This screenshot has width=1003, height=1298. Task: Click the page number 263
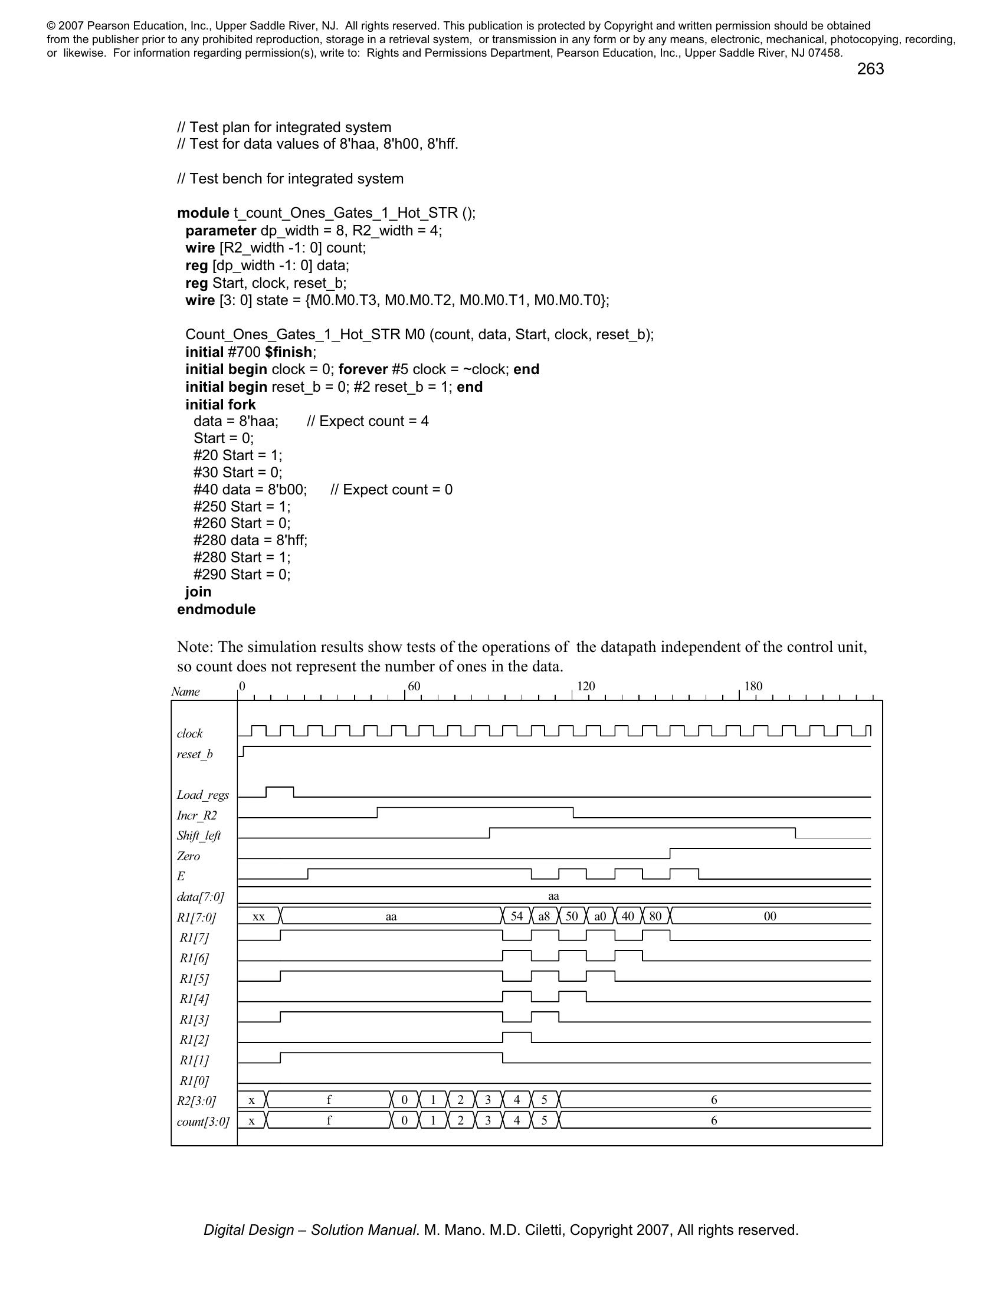870,70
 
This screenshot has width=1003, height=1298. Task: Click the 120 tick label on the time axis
586,686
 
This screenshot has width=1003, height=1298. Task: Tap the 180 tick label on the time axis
753,686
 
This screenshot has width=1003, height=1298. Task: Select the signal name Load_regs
202,795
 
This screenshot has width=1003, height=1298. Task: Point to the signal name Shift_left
198,835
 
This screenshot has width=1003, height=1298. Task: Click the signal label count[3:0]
203,1122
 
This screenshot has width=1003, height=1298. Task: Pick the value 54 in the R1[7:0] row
517,916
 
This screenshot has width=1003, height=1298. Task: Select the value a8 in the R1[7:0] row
545,916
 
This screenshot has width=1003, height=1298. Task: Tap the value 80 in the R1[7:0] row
655,916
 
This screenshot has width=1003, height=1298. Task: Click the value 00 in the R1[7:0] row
770,916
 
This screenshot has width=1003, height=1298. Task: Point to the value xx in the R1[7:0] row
258,916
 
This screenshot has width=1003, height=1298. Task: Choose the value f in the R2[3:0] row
329,1100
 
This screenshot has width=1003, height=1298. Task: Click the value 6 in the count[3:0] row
714,1120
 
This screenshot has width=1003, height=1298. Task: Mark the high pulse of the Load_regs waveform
280,788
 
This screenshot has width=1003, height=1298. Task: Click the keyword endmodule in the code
217,609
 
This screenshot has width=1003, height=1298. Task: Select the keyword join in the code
198,591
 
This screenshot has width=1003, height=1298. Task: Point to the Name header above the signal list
185,692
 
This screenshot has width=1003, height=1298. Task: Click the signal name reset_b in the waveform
194,754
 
